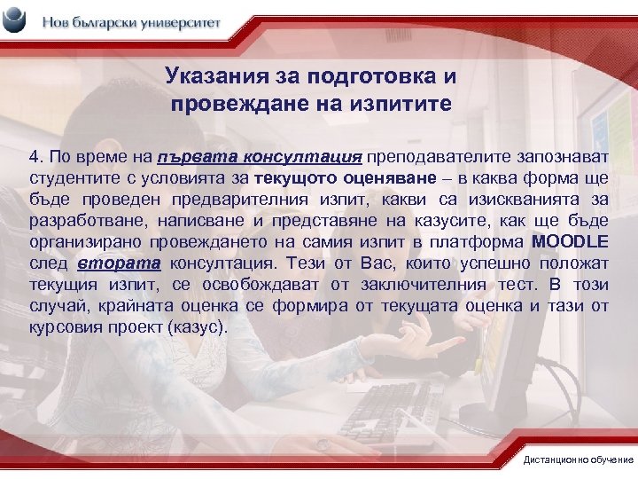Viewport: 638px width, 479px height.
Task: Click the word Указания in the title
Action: pos(206,77)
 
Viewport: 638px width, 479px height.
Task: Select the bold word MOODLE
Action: pos(570,242)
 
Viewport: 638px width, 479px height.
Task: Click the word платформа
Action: pos(478,242)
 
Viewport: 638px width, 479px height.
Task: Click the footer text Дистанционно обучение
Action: pos(578,460)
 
